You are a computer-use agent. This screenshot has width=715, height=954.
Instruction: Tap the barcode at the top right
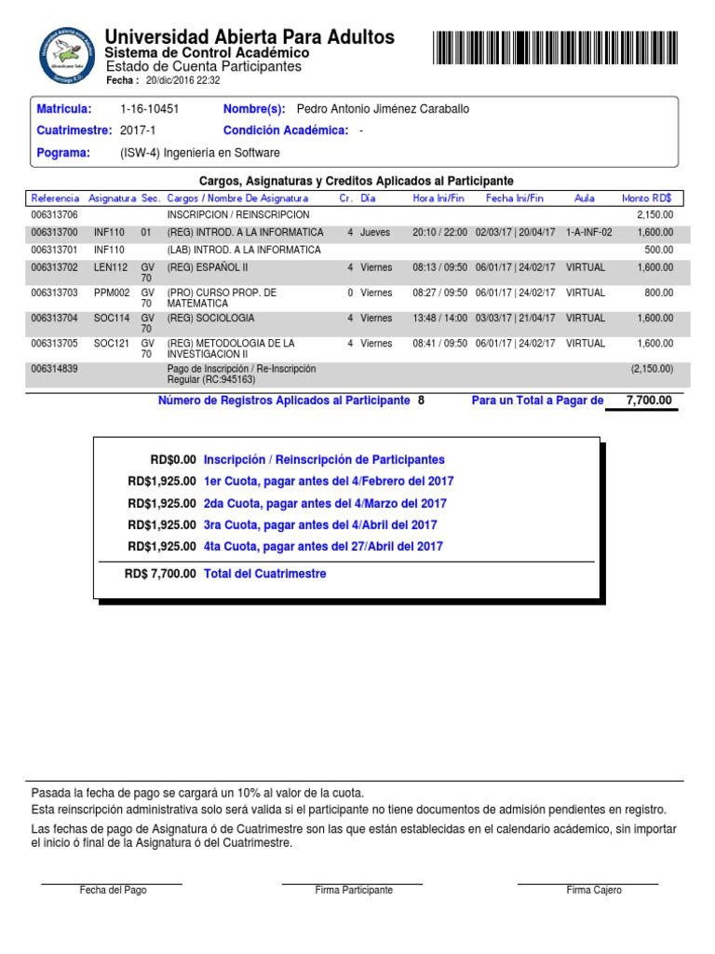click(x=555, y=47)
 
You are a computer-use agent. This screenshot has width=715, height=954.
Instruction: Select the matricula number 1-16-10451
click(x=150, y=109)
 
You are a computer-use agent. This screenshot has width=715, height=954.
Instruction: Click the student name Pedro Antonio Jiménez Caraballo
click(x=383, y=109)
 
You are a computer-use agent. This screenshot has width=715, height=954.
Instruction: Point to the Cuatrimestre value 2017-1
click(x=138, y=130)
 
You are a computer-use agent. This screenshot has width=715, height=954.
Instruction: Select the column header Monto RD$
click(x=653, y=198)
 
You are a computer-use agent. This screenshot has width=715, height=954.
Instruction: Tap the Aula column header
click(x=585, y=198)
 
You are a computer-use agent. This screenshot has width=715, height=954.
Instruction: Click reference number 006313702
click(x=55, y=267)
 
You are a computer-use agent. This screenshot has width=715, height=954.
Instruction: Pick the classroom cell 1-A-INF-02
click(x=588, y=232)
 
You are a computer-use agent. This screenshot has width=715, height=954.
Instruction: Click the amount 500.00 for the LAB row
click(x=658, y=250)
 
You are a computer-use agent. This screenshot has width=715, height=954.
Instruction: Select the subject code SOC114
click(x=112, y=318)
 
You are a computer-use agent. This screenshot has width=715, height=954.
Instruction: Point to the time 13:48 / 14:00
click(x=440, y=318)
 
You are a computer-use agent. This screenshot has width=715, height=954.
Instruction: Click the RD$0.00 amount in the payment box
click(x=173, y=459)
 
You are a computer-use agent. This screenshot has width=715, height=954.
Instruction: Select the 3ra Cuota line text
click(x=319, y=525)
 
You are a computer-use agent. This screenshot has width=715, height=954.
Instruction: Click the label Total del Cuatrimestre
click(x=264, y=574)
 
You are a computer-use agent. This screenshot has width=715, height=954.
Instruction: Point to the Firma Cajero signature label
click(x=594, y=890)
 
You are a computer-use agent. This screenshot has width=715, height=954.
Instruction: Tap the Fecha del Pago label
click(x=113, y=890)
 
